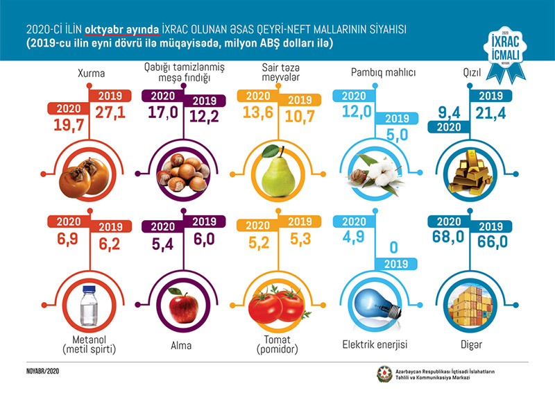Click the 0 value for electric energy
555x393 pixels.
click(x=393, y=246)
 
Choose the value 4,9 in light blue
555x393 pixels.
click(x=349, y=240)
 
